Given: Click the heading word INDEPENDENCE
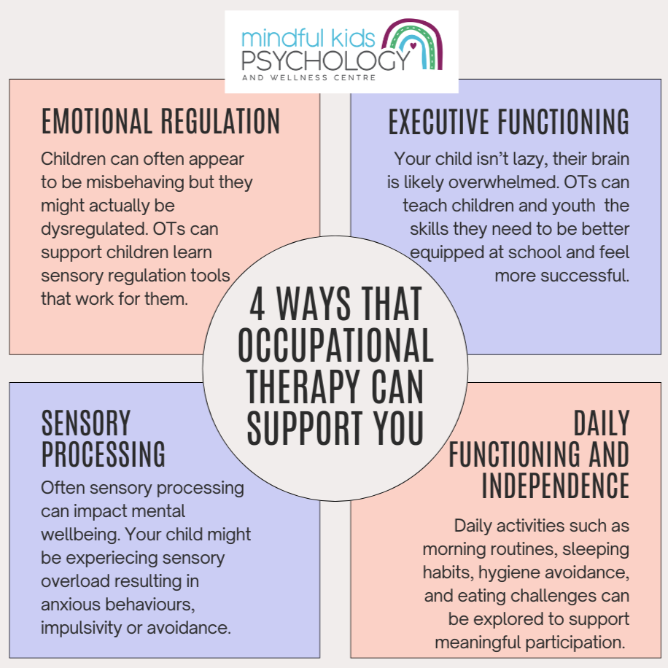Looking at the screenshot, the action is [556, 485].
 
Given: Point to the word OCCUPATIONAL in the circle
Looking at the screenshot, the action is [335, 348].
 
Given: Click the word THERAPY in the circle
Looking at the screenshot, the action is [305, 388].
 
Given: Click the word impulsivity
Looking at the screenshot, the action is [82, 626].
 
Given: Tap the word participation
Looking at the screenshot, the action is [578, 642].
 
